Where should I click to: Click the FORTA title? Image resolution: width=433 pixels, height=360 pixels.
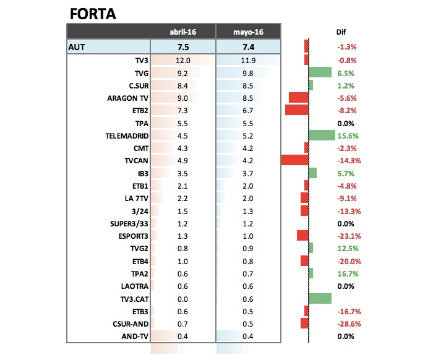(x=93, y=13)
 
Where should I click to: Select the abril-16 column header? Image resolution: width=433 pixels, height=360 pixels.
(x=183, y=32)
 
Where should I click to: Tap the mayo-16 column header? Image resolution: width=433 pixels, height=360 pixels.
(x=248, y=32)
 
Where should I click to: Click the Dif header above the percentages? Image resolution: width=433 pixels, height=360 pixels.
(x=341, y=32)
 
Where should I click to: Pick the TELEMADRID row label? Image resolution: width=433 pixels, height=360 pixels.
(x=127, y=135)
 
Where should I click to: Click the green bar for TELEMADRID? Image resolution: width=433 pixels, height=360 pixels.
(x=322, y=135)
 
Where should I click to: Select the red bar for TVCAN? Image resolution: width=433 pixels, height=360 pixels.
(x=294, y=160)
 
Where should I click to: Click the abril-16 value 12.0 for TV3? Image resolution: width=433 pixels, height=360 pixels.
(x=183, y=60)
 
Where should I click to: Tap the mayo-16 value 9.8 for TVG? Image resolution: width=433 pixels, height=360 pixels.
(x=248, y=72)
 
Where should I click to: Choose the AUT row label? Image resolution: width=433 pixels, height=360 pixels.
(x=79, y=46)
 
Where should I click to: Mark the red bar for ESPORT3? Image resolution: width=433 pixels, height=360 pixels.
(x=302, y=236)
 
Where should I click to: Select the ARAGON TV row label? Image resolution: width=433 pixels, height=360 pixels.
(x=127, y=98)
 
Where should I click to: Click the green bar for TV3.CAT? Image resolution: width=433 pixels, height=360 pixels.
(x=320, y=299)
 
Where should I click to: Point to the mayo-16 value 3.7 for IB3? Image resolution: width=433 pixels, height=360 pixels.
(x=248, y=173)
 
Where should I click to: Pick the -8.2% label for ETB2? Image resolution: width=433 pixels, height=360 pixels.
(x=347, y=110)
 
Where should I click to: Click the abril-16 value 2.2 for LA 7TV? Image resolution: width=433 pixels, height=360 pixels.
(x=183, y=198)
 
